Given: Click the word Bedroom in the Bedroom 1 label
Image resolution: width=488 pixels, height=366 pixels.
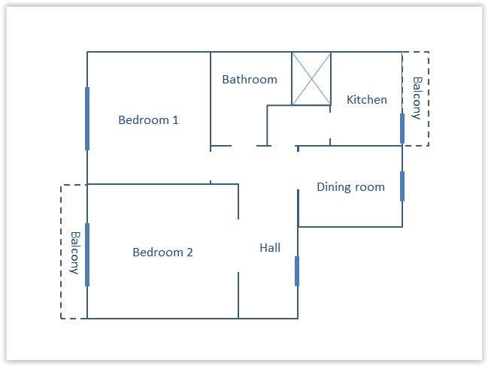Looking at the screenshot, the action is [x=144, y=119].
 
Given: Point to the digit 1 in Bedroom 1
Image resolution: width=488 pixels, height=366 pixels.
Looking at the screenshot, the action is [x=175, y=119].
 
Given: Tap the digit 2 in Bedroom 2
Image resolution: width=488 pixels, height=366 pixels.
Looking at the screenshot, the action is [x=189, y=253].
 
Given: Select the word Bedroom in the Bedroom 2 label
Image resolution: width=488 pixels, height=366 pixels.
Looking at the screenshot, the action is [x=158, y=253].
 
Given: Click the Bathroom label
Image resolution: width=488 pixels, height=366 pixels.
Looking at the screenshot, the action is [x=250, y=80].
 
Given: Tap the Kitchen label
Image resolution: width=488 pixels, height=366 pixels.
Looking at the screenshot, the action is [x=367, y=99].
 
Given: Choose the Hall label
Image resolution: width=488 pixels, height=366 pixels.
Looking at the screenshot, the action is [x=270, y=247].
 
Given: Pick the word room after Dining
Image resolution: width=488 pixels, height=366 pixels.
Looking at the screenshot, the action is [x=370, y=187].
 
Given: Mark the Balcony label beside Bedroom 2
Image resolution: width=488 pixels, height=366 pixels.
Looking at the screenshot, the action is [x=75, y=253].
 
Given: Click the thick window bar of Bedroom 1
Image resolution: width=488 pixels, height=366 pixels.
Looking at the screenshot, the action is [x=87, y=119].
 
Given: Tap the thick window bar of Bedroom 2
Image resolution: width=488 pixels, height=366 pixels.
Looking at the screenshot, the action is [x=87, y=254].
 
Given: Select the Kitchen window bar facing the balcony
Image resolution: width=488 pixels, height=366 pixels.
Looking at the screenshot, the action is [x=402, y=128].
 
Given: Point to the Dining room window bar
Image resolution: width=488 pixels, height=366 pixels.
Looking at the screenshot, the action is [x=402, y=186].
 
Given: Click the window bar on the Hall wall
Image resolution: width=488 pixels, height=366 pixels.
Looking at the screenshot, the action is [x=297, y=271].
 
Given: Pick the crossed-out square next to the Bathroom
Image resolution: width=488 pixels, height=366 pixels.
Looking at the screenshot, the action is [x=311, y=79].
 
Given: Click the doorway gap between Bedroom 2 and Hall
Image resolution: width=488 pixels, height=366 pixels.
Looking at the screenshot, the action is [x=238, y=246].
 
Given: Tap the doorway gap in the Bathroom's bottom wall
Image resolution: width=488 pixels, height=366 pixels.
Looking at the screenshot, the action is [x=244, y=146].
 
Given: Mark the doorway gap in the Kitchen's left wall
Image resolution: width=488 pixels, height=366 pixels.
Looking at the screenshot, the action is [x=330, y=126].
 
